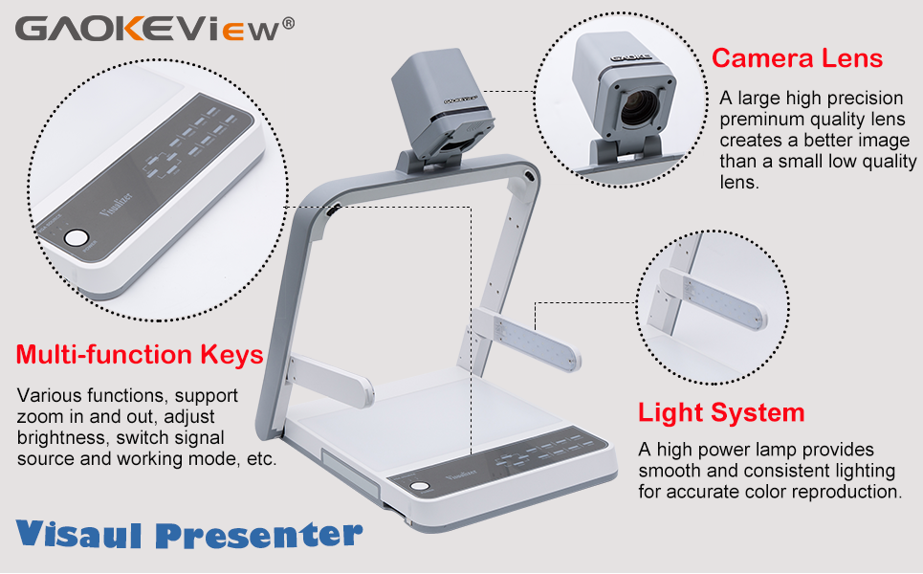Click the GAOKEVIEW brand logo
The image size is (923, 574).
148,28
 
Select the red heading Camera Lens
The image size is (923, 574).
797,58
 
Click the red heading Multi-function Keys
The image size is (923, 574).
140,355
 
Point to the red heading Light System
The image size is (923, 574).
721,413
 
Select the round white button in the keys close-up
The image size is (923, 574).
77,238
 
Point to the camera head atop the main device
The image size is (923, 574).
443,108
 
